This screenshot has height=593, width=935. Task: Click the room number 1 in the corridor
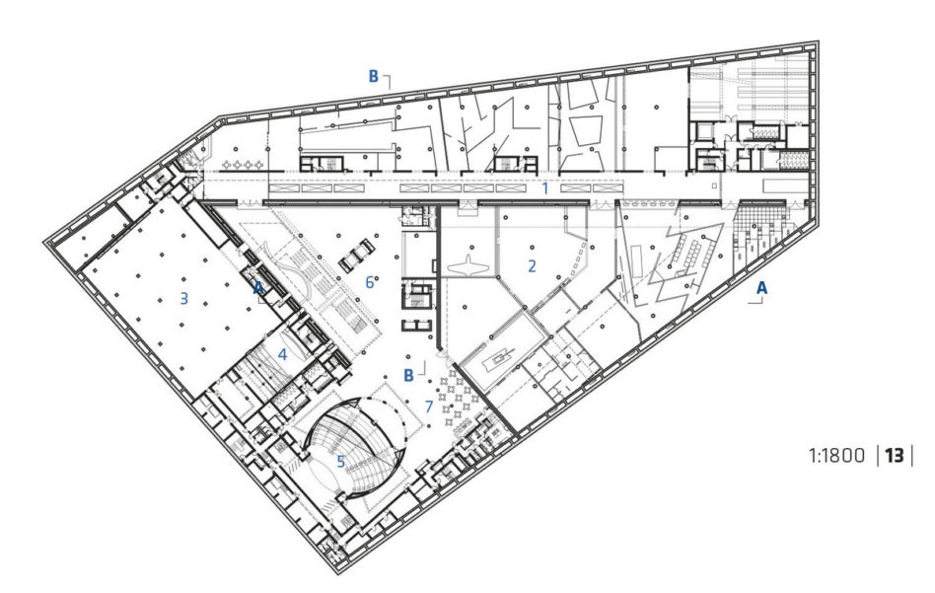(544, 188)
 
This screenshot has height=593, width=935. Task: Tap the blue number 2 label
(532, 265)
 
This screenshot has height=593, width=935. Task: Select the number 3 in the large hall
(184, 298)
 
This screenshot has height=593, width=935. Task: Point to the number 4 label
(282, 355)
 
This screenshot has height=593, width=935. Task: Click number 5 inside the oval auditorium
(341, 461)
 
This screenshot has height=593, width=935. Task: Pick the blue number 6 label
(370, 282)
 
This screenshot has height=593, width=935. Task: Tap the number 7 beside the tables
(429, 407)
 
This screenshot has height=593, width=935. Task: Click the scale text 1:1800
(836, 456)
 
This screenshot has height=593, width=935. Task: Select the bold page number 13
(895, 456)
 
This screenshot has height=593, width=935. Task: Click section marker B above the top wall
(373, 76)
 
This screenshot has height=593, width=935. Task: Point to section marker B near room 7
(408, 375)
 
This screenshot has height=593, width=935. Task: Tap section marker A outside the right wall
(761, 288)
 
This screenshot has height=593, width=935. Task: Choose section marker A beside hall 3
(258, 288)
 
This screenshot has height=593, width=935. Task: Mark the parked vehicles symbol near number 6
(357, 256)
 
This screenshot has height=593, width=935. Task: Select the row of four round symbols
(242, 164)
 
